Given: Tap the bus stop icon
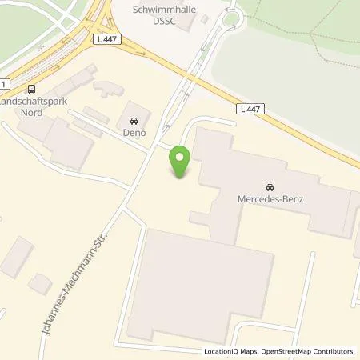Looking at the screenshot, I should tap(31, 89).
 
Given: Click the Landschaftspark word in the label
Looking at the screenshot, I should tap(33, 101).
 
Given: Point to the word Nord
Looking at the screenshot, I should tap(33, 113).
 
